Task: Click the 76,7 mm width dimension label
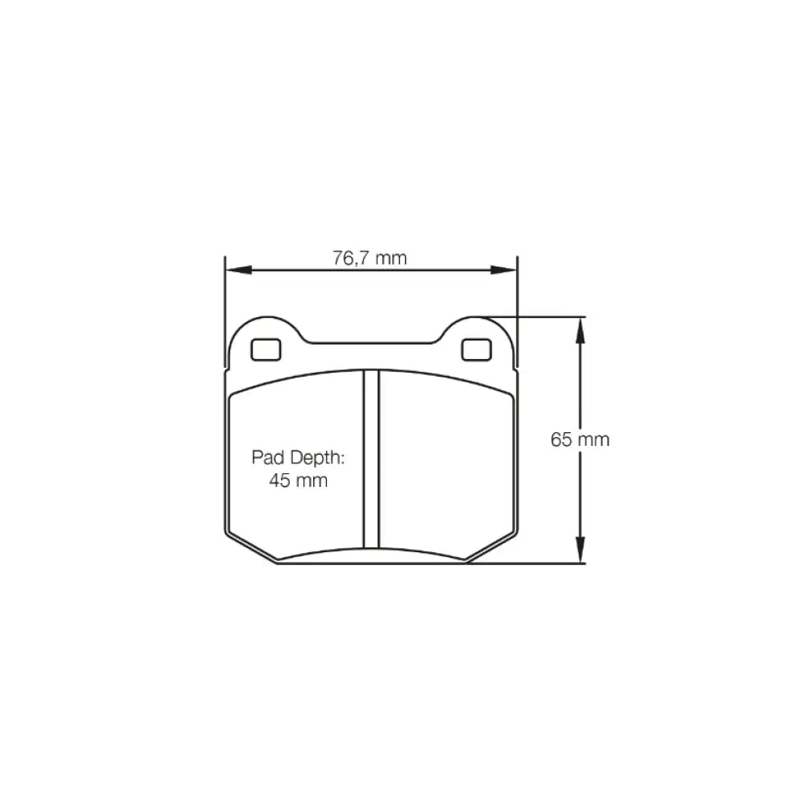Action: (369, 258)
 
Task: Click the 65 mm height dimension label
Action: (580, 440)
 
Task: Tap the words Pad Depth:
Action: (298, 457)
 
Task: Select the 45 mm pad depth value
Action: (299, 481)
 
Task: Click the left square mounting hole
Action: (266, 349)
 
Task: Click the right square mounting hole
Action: (477, 349)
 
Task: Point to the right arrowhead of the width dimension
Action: (504, 270)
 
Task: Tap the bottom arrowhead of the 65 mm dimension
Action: (580, 550)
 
